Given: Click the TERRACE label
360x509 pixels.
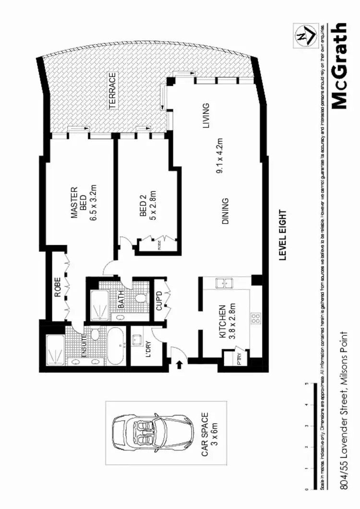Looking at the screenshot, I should (x=112, y=91).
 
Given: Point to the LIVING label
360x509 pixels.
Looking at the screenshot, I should (x=206, y=116).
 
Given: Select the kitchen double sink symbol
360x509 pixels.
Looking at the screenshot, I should (x=225, y=284).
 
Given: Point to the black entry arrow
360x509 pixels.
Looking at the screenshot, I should (x=180, y=365).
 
